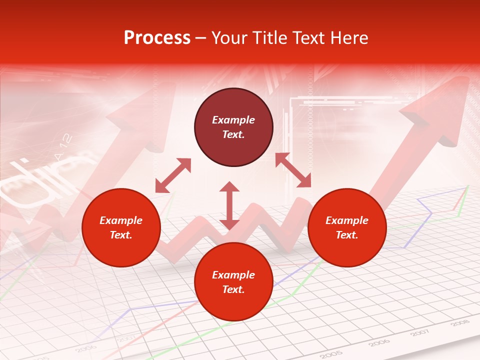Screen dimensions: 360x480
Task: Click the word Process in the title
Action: tap(157, 38)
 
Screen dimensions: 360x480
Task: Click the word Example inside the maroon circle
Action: tap(233, 120)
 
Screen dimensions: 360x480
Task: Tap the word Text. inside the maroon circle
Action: tap(233, 134)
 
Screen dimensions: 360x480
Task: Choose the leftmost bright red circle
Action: tap(121, 227)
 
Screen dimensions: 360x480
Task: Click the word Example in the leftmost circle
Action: tap(121, 220)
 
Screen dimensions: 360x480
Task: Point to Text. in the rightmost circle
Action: tap(347, 235)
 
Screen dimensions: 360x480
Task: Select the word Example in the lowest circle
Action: tap(233, 275)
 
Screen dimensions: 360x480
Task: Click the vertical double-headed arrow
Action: tap(229, 205)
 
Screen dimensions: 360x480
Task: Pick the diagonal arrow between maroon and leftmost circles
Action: tap(173, 175)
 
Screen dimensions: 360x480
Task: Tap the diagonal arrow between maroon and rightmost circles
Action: tap(293, 170)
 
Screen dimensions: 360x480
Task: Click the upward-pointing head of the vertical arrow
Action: tap(229, 187)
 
